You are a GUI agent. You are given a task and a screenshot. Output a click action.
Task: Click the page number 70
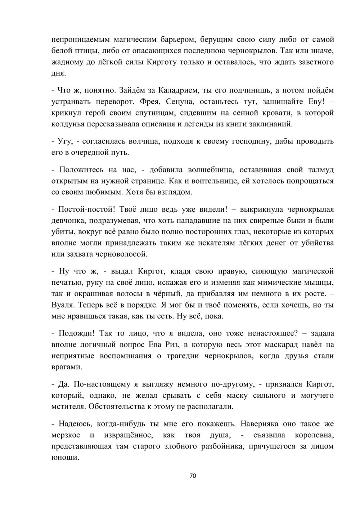tap(193, 476)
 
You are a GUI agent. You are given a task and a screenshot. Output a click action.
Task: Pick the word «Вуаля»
tap(63, 305)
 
